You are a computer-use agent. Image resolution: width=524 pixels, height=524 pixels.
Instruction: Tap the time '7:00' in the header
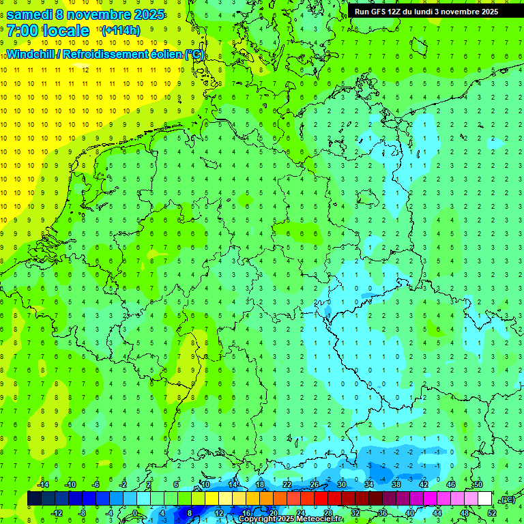pos(22,30)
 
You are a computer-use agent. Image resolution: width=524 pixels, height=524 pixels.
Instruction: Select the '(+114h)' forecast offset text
pos(121,30)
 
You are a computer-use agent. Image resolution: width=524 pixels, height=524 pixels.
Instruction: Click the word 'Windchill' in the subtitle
pos(32,54)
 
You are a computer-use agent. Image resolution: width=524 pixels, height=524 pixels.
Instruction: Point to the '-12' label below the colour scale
pos(57,512)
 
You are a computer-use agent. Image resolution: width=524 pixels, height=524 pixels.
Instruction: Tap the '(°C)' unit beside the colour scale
pos(507,499)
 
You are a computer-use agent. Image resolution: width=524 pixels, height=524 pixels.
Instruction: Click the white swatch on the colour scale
pos(484,499)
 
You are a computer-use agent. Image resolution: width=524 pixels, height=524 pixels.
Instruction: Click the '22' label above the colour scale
pos(287,484)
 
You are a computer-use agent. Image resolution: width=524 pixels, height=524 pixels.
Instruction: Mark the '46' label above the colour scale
pos(451,484)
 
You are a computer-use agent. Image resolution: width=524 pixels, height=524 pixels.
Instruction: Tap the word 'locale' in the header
pos(65,30)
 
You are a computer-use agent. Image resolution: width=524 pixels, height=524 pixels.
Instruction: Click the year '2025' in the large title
pos(145,14)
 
